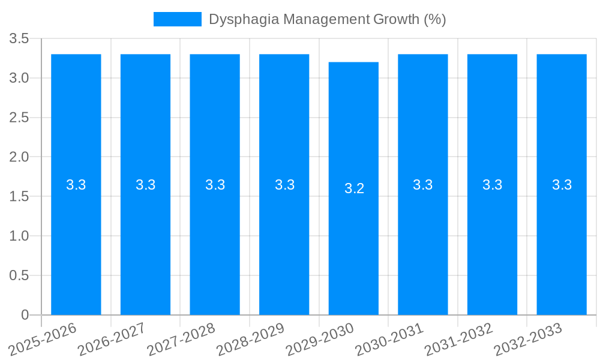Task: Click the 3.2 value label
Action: pos(354,188)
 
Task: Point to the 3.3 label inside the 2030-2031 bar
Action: pos(423,185)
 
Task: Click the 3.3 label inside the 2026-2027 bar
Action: pos(146,185)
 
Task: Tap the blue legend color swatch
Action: pos(177,19)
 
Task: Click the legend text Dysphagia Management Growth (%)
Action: pos(327,19)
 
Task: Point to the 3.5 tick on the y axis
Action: pos(19,39)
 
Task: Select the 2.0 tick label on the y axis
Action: pos(19,157)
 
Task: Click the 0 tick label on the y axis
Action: pos(25,315)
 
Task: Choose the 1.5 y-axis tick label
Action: pos(19,197)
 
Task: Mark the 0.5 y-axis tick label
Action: pos(19,275)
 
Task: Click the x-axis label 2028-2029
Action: pos(250,339)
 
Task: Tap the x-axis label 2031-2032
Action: pos(459,339)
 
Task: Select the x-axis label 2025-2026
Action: pos(43,339)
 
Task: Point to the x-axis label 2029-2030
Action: pos(320,339)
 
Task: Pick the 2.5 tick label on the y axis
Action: pos(19,118)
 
